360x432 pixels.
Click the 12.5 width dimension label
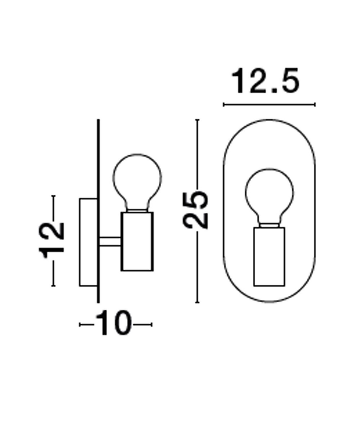click(x=266, y=81)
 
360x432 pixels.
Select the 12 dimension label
click(x=53, y=240)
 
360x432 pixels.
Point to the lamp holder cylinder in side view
click(x=137, y=241)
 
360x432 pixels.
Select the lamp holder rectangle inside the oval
click(x=269, y=257)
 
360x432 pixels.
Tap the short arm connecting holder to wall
click(x=110, y=242)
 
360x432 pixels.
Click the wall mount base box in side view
click(x=89, y=242)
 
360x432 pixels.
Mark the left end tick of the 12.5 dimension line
click(x=224, y=105)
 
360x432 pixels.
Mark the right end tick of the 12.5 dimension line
click(x=315, y=105)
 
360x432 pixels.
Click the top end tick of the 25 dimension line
click(x=197, y=120)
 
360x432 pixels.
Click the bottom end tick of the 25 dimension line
click(x=197, y=302)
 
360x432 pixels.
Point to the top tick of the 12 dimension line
click(x=53, y=196)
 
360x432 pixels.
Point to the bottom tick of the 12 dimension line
click(x=53, y=286)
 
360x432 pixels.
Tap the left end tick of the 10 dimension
click(x=80, y=325)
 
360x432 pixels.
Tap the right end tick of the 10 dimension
click(x=152, y=325)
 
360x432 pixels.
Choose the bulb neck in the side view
click(x=137, y=210)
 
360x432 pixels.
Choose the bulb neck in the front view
click(x=269, y=225)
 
